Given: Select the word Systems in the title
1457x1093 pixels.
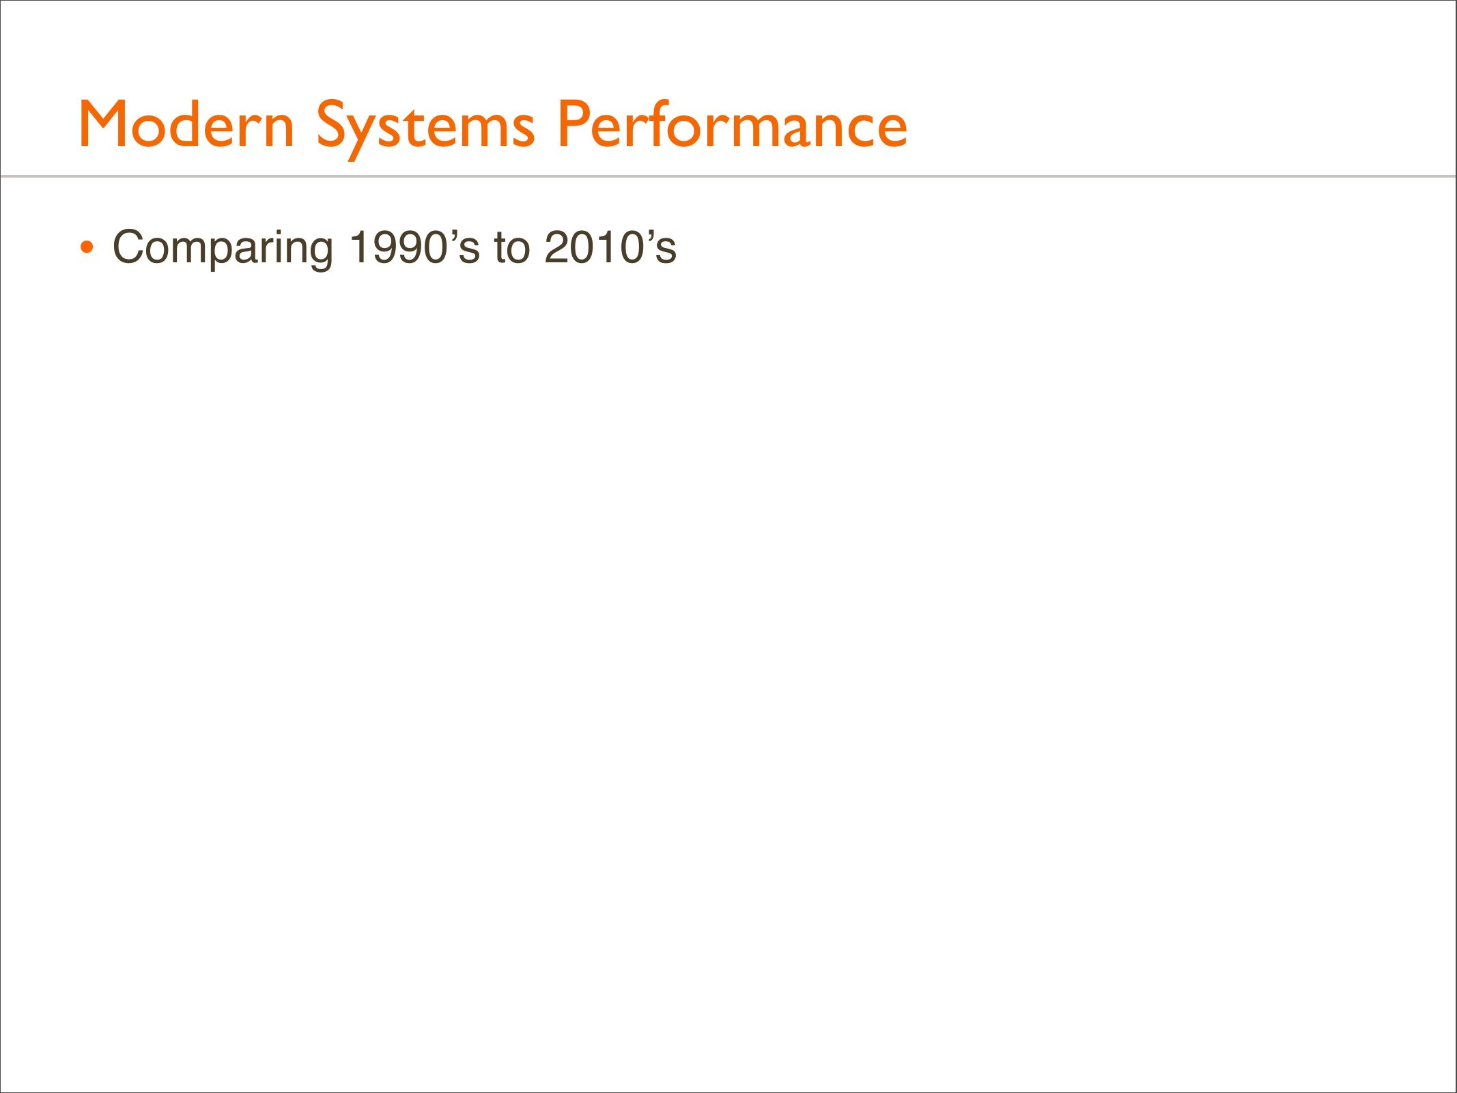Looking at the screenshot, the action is (425, 129).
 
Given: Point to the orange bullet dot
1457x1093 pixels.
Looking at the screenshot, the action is (86, 247).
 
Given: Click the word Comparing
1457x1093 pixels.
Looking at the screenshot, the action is (223, 249).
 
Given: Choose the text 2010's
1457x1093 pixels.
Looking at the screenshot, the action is (610, 247).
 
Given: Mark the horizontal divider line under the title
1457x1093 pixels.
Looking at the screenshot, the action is (728, 176).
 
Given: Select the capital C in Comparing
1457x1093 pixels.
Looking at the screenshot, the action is (130, 247).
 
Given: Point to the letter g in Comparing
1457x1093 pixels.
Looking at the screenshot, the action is (317, 254).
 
